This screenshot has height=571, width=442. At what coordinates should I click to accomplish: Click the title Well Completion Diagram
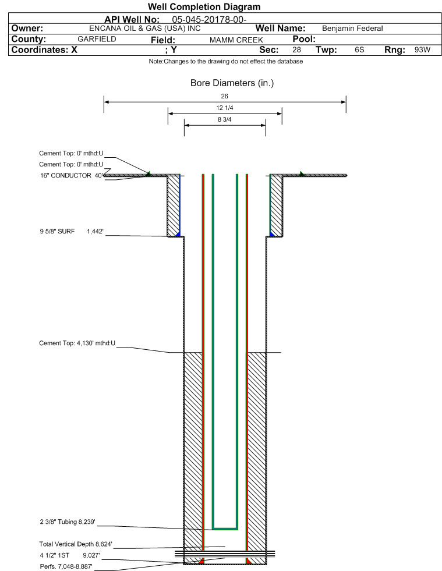[204, 6]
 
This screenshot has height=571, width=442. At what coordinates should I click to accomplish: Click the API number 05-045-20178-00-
[209, 20]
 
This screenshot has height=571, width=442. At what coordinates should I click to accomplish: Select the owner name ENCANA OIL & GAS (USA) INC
[144, 29]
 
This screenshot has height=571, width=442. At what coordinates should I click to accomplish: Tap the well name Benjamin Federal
[352, 29]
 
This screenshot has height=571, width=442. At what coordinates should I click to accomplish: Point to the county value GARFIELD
[97, 39]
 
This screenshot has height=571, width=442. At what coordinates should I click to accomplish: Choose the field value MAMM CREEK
[236, 40]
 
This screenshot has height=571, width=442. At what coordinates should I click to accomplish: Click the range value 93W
[422, 49]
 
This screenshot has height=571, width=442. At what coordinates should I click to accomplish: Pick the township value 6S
[359, 49]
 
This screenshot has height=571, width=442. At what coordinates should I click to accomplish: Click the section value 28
[296, 49]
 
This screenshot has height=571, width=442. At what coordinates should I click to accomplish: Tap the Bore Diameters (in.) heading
[232, 83]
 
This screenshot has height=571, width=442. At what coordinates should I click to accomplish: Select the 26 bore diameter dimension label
[224, 96]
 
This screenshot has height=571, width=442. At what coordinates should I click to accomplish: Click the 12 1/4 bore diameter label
[224, 108]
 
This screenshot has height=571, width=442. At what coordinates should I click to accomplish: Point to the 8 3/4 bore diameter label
[224, 119]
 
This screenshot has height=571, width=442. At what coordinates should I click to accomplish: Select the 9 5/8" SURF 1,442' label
[72, 231]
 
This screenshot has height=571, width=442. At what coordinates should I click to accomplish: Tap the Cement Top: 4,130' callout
[77, 343]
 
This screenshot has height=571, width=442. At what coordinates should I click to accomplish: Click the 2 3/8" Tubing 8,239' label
[68, 522]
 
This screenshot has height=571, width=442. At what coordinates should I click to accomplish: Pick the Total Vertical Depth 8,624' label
[76, 544]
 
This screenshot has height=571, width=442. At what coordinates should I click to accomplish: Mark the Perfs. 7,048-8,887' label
[66, 566]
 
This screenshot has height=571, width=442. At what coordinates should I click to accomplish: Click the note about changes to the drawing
[225, 61]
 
